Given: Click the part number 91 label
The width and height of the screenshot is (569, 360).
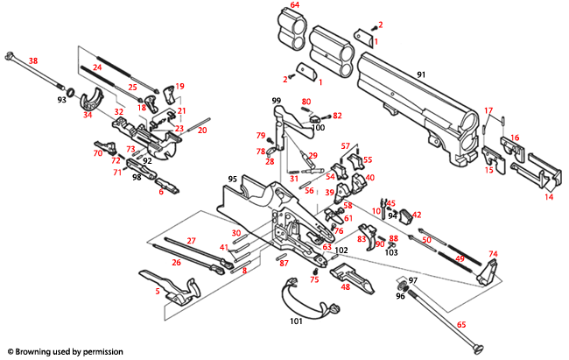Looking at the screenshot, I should pos(420,75).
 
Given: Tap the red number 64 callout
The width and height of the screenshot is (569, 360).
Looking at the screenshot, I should pos(295,6).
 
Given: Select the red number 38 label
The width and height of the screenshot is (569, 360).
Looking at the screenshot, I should pos(33,60).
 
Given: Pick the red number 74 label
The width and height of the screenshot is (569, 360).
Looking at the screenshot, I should pos(493,254).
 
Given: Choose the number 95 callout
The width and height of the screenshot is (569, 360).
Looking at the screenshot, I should pos(233,179).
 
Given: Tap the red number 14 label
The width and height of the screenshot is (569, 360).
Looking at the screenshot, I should pos(549,198).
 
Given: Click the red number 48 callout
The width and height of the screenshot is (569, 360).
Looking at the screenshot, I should pos(345,287).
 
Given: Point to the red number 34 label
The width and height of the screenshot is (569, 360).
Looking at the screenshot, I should pos(88,115).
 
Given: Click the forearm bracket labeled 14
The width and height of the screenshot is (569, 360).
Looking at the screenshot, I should pos(536,173).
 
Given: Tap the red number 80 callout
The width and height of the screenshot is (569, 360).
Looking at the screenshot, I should pos(306,102).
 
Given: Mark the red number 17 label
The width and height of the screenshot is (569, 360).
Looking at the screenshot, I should pos(489,110).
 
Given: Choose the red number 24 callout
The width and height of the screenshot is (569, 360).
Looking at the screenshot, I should pos(97,67).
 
